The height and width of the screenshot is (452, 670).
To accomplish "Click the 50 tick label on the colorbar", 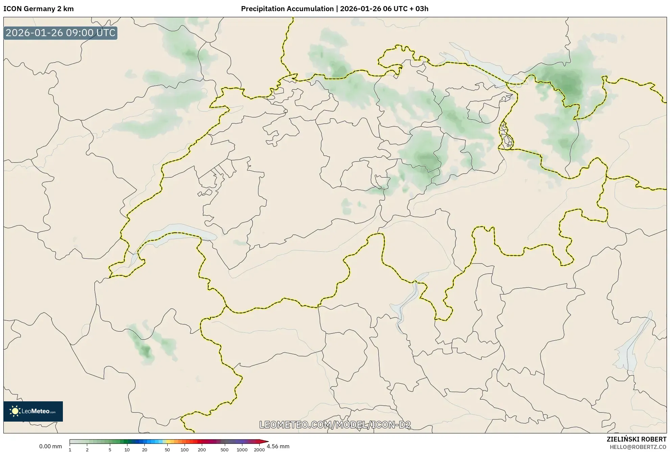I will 167,450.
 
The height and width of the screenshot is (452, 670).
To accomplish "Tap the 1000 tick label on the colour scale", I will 242,450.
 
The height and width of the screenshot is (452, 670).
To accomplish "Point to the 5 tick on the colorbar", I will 110,450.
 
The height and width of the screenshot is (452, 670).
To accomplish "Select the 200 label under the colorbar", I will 201,450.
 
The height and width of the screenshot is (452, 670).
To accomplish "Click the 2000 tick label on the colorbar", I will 259,450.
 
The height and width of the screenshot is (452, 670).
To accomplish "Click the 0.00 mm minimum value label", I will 50,446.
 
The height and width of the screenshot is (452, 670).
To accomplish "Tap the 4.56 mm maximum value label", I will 278,446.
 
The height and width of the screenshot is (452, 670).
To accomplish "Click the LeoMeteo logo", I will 33,411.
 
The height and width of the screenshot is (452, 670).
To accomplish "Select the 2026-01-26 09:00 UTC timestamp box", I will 61,33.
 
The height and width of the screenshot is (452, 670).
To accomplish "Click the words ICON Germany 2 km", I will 39,9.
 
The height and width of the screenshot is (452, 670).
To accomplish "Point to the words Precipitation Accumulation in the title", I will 287,9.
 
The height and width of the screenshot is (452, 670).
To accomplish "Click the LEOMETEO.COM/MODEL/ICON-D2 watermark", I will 335,425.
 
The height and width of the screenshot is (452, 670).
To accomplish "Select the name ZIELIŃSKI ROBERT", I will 637,439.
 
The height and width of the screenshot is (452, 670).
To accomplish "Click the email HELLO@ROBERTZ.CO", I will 638,447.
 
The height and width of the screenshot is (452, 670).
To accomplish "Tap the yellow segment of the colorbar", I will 169,442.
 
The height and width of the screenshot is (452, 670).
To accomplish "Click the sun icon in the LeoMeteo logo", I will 15,411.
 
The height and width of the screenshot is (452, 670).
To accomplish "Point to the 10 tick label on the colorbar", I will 127,450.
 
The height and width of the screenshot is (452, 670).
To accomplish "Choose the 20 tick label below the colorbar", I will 144,450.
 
